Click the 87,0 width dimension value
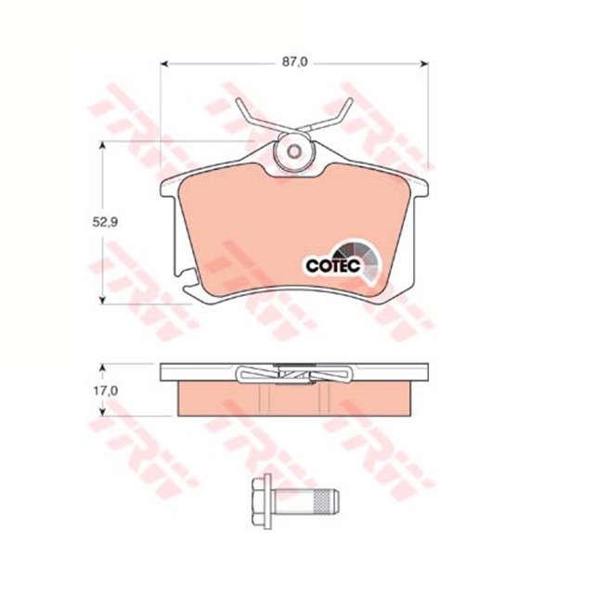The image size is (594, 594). (x=294, y=62)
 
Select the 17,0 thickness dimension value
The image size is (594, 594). (x=109, y=391)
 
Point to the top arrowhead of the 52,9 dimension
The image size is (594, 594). (x=99, y=146)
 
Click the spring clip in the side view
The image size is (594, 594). (x=294, y=374)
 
